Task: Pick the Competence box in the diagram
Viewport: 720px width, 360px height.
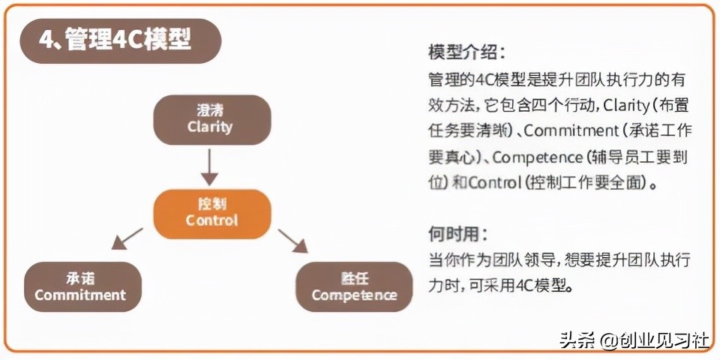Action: tap(354, 286)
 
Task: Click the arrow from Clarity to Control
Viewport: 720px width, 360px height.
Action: tap(210, 166)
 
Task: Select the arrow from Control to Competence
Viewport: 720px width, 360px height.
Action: tap(293, 241)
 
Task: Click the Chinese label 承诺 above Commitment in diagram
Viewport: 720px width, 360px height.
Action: tap(80, 277)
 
